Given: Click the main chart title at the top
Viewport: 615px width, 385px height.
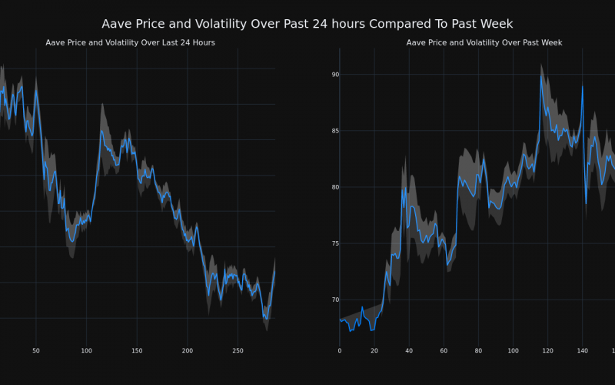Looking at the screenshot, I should point(307,24).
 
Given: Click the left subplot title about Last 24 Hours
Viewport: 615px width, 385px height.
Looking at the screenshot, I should point(130,42).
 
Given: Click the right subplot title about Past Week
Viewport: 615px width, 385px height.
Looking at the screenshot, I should point(484,42).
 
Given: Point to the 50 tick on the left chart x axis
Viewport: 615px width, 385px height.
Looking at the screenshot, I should point(35,351).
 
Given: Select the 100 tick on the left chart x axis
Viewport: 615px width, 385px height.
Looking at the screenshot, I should point(86,351).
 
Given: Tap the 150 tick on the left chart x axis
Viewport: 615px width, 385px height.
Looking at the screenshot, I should point(137,351).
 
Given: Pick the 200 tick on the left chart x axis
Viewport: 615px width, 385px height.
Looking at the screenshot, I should point(188,351).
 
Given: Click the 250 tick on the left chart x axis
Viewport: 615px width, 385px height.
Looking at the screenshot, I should point(238,351).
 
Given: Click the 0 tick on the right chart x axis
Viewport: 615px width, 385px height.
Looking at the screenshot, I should point(340,351).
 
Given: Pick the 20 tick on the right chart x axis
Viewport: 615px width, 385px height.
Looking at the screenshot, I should point(374,351).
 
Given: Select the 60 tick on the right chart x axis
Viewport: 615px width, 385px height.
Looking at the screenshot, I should point(444,351).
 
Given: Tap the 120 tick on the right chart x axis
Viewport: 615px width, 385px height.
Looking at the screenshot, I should point(547,351).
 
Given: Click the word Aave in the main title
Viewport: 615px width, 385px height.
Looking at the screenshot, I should point(118,24).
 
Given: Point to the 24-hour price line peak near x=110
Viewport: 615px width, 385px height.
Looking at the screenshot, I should point(101,130).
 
